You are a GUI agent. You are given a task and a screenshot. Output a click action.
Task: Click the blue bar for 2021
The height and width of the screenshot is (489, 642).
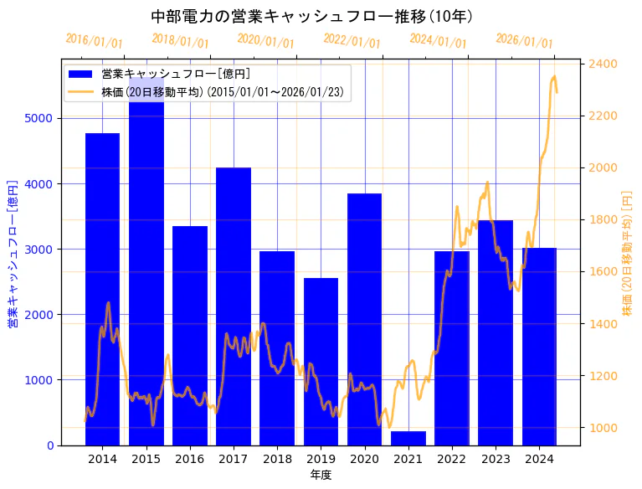point(408,438)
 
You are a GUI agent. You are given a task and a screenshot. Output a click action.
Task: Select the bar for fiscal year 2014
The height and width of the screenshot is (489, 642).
point(102,289)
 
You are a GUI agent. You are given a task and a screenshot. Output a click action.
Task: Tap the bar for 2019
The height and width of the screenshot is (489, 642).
point(321,361)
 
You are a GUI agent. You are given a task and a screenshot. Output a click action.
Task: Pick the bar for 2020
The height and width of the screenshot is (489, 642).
point(364,319)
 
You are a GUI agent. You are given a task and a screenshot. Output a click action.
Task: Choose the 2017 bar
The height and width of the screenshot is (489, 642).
point(234,306)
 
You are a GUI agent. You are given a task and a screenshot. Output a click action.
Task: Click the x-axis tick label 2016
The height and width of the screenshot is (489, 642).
point(190,459)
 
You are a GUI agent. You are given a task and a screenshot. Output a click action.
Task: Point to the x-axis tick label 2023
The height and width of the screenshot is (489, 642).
point(496,459)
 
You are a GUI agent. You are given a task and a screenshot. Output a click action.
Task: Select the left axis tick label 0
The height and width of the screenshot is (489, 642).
point(50,445)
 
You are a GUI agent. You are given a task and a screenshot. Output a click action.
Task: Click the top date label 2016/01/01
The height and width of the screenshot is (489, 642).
point(94,41)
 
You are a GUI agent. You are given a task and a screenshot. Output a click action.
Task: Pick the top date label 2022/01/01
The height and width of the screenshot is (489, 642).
point(352,41)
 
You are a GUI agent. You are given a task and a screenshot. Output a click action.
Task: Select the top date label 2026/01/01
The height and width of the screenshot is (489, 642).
point(524,41)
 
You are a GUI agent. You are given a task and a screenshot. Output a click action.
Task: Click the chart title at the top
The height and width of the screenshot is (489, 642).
point(311,16)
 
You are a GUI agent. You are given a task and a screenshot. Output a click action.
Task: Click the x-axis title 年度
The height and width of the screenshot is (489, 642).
point(321,475)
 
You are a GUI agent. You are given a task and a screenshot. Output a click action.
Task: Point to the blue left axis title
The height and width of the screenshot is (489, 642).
point(13,253)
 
